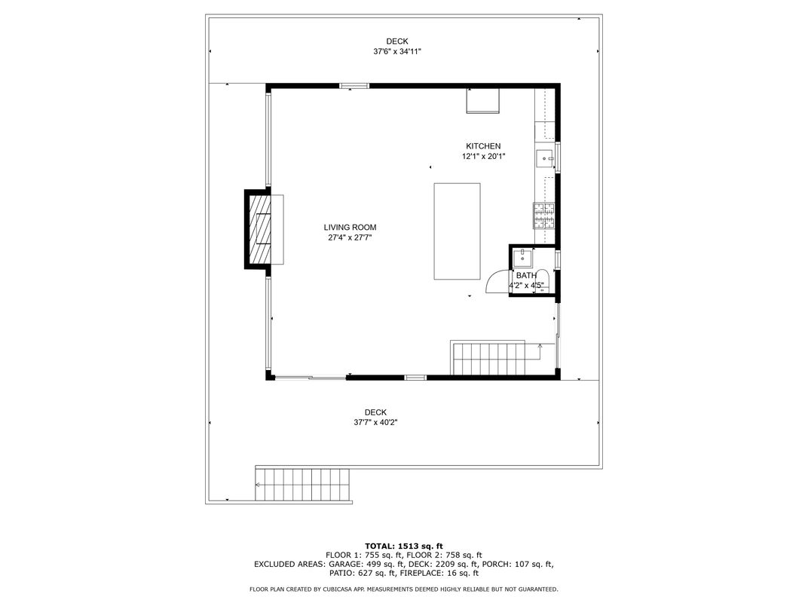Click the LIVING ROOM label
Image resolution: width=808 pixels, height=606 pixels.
click(350, 228)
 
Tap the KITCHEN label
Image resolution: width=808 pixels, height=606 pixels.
click(483, 146)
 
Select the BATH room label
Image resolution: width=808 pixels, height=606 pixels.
click(526, 276)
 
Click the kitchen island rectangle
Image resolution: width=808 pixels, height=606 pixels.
click(457, 231)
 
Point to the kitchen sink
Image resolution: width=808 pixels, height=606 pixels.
click(545, 159)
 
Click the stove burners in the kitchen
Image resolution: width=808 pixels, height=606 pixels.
click(543, 216)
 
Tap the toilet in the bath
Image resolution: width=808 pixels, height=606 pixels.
click(542, 281)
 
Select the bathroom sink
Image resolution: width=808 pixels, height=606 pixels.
click(522, 258)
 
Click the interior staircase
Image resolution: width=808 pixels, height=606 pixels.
click(488, 357)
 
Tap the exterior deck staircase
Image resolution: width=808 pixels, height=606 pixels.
click(303, 484)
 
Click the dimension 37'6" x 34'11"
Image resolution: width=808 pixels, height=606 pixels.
click(397, 51)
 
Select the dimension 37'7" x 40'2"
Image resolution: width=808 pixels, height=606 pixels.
click(375, 423)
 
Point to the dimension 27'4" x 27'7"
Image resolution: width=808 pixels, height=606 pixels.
click(350, 237)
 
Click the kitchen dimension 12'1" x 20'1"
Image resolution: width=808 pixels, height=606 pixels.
click(483, 157)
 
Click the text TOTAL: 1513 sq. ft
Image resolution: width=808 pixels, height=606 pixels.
click(404, 546)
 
